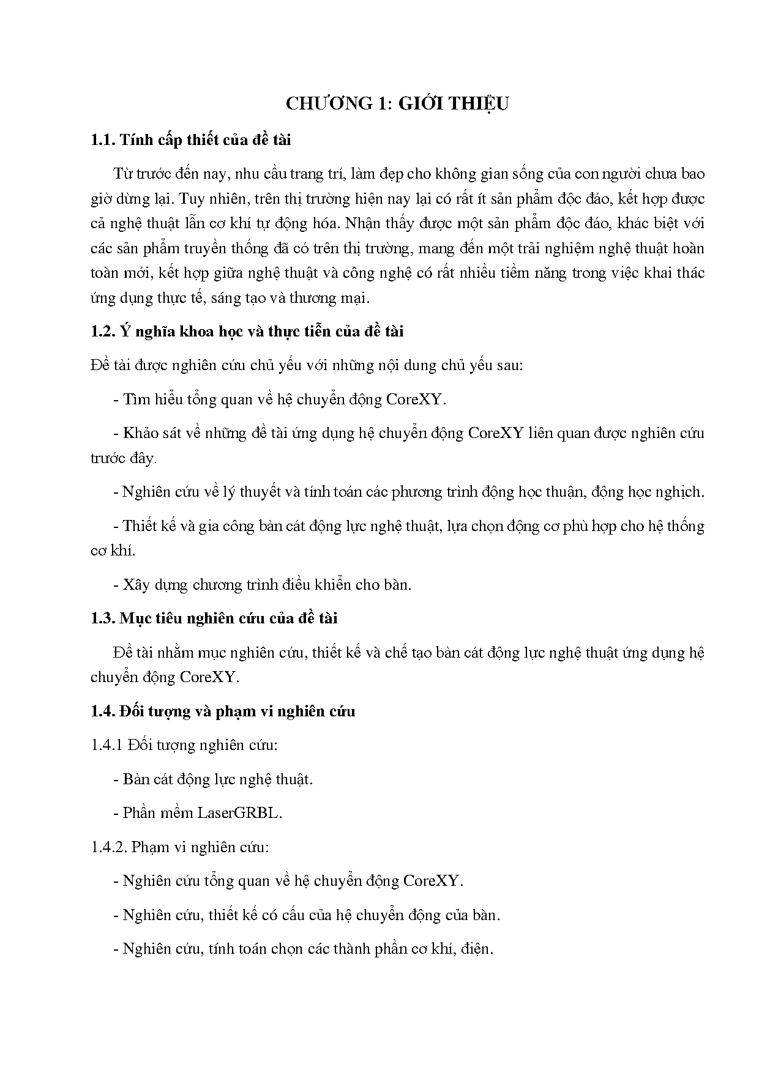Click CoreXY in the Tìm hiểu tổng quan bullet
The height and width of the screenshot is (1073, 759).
[x=416, y=399]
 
